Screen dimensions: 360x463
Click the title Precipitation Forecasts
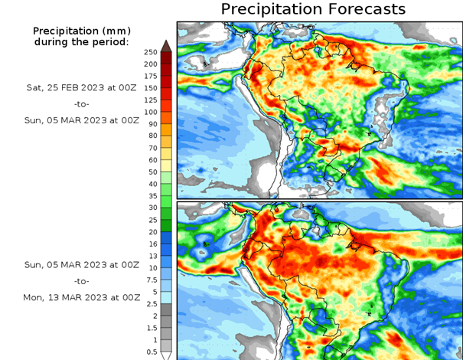(313, 9)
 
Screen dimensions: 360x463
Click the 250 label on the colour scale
(151, 52)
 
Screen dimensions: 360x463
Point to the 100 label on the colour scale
(151, 124)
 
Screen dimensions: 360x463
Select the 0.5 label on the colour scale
(151, 352)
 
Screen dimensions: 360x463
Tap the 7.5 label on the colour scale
(151, 280)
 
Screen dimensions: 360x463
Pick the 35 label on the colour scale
(151, 196)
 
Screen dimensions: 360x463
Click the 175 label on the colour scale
(151, 76)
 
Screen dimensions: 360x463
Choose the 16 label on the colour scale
(151, 244)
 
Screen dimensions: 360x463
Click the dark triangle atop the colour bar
(165, 45)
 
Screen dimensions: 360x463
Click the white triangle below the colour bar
(165, 355)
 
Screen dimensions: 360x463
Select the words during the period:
(81, 41)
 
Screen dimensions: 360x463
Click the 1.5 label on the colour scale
(151, 328)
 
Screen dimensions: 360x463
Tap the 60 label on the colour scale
(151, 160)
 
